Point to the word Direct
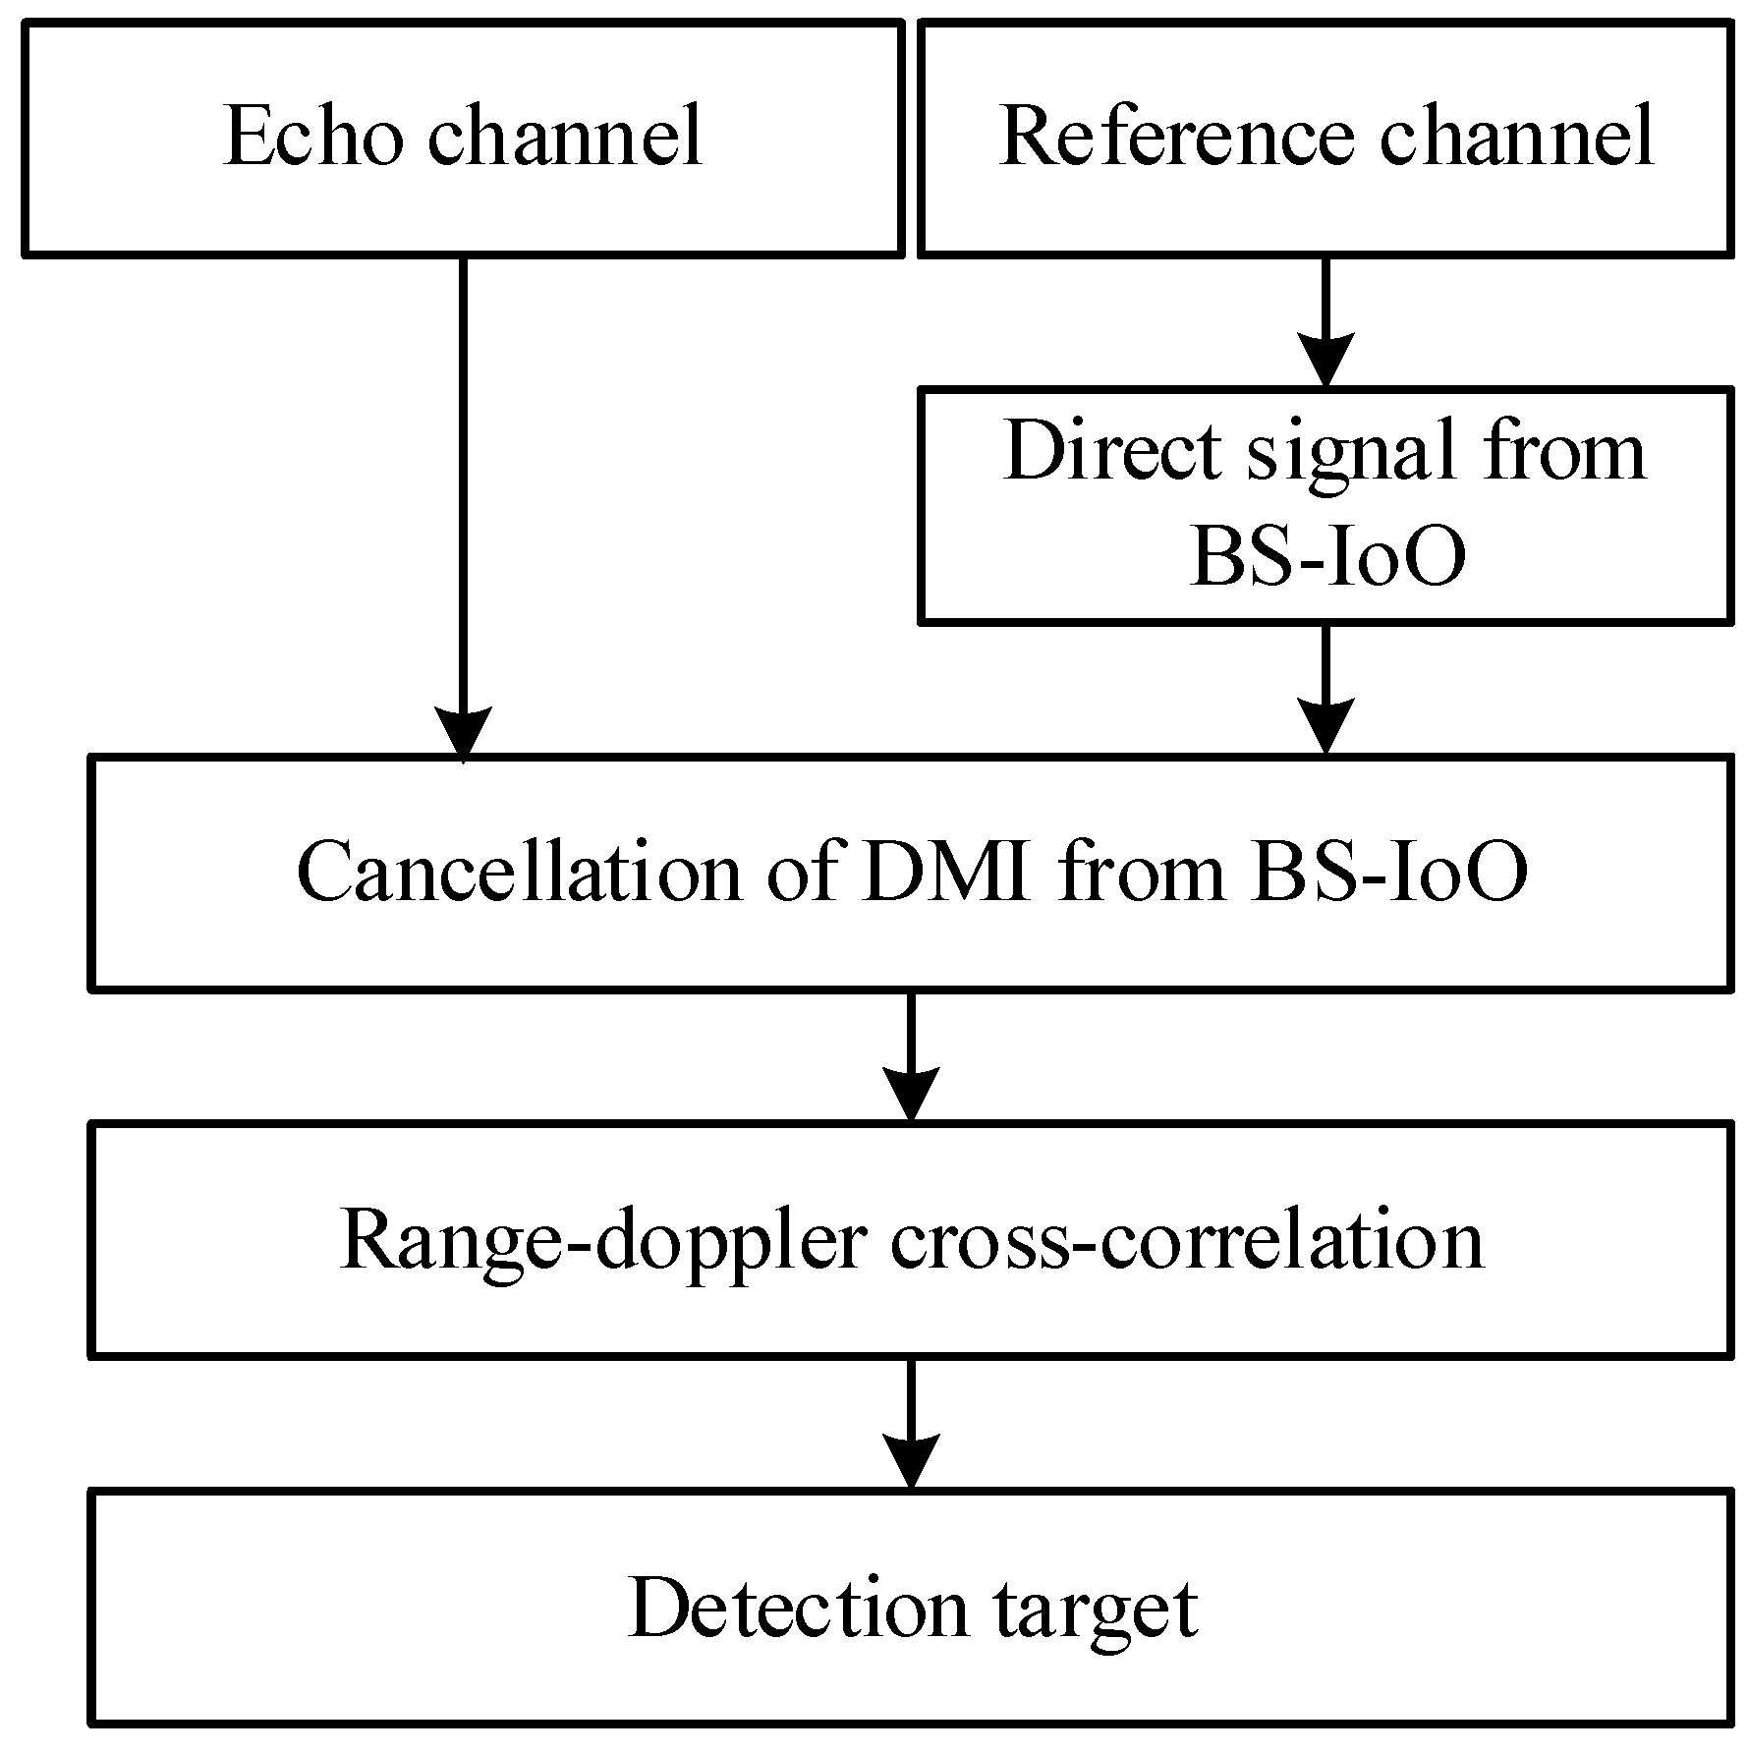coord(1111,451)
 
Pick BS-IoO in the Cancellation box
coord(1388,873)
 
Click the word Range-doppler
coord(603,1240)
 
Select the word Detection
coord(797,1610)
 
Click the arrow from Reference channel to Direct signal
coord(1325,324)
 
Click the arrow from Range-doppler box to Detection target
coord(912,1426)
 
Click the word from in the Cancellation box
coord(1140,873)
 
